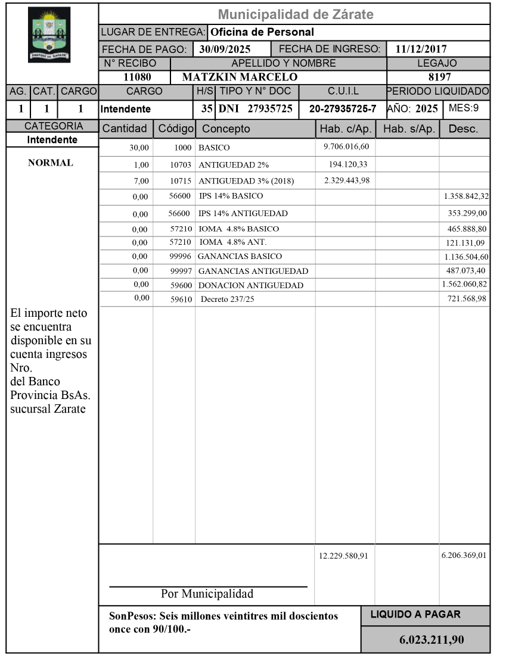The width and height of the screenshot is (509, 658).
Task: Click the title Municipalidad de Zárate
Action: (296, 14)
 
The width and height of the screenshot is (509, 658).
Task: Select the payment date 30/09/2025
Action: (225, 49)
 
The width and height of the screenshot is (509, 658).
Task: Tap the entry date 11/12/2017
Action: (421, 49)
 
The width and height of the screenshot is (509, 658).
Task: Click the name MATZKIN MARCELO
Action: (240, 77)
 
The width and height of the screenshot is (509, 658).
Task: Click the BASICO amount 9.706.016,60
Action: (344, 146)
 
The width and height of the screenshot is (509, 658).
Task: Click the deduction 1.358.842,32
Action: (466, 196)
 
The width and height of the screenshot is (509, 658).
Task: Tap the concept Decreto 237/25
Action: (228, 299)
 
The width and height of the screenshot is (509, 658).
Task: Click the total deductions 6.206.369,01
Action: (464, 555)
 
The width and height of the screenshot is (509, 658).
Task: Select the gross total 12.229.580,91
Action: (343, 556)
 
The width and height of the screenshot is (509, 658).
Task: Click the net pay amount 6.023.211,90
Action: (432, 640)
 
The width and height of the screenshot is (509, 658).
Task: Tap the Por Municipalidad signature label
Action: (207, 594)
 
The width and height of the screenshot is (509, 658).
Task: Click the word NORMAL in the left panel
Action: (51, 163)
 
